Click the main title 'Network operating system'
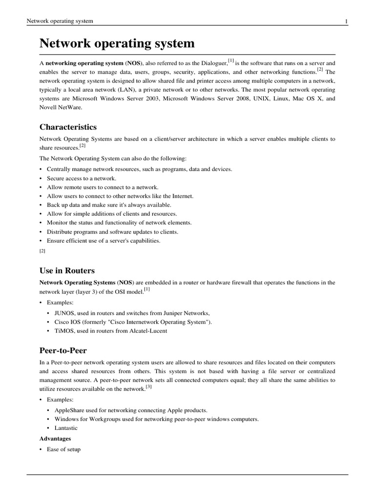(117, 43)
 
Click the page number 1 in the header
(346, 21)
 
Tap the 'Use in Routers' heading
(67, 271)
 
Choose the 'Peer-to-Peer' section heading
(63, 351)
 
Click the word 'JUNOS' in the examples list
(64, 313)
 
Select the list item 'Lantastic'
(66, 428)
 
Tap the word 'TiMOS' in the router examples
(64, 331)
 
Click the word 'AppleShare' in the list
(70, 410)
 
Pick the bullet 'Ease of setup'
(63, 449)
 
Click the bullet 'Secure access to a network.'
(81, 178)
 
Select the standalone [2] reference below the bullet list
(42, 250)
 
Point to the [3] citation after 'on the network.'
(149, 387)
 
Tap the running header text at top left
(60, 21)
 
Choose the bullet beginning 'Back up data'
(109, 205)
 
